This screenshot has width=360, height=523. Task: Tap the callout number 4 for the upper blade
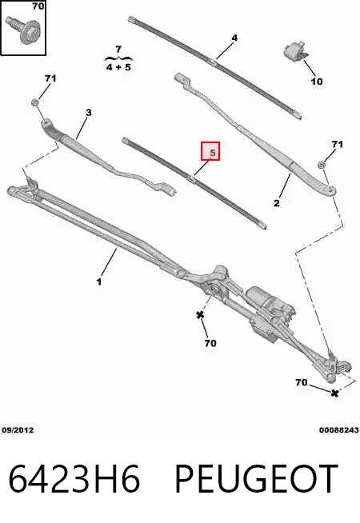[234, 38]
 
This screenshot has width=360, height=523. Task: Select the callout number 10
[317, 81]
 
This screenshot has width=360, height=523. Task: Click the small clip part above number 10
[296, 50]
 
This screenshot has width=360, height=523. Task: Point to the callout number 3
[88, 113]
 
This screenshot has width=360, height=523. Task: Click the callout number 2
[277, 202]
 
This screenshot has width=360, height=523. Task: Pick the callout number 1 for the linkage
[98, 281]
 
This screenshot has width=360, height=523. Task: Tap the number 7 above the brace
[118, 50]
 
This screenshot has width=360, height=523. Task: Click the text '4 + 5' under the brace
[118, 67]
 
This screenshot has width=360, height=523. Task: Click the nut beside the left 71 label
[34, 102]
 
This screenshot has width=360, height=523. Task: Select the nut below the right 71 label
[322, 165]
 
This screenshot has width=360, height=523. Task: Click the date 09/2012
[18, 430]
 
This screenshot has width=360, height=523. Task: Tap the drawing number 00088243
[339, 430]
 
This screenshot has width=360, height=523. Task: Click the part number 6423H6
[74, 478]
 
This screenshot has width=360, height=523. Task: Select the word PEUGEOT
[256, 478]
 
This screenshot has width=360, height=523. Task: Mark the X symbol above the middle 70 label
[200, 314]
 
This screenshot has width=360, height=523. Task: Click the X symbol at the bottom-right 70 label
[334, 393]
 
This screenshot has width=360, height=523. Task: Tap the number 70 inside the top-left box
[38, 6]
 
